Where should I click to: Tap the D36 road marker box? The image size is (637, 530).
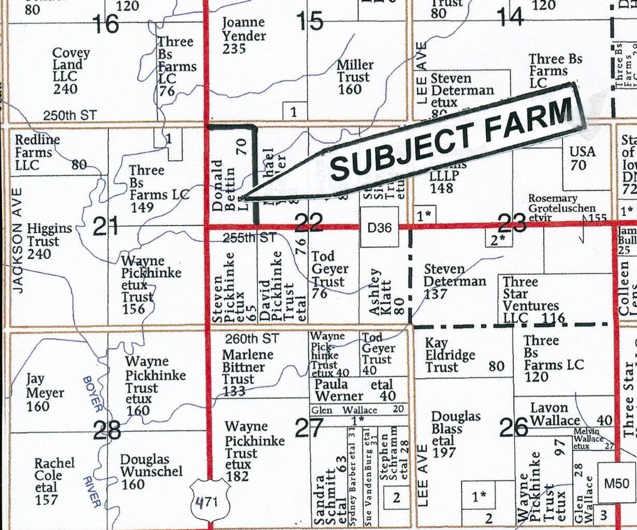[380, 228]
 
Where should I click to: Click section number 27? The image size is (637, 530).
[309, 427]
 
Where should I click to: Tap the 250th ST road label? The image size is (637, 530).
[70, 115]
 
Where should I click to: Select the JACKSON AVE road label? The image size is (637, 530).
[18, 240]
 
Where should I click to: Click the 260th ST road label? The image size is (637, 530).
[252, 338]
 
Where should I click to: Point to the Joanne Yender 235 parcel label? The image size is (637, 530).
[243, 35]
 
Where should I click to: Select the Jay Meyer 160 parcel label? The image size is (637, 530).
[44, 393]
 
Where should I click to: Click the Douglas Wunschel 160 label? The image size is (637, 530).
[150, 472]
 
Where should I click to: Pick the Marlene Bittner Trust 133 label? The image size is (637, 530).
[247, 373]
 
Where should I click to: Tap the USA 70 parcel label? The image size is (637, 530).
[582, 158]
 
